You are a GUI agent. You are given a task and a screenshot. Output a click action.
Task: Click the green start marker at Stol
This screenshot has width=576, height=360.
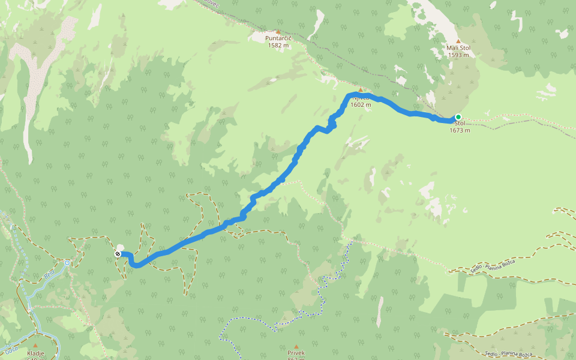pos(458,117)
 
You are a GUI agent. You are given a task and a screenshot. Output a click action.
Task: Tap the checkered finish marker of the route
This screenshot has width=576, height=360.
pos(118,254)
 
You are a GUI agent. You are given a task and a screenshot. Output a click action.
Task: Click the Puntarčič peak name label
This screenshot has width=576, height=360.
pos(277,38)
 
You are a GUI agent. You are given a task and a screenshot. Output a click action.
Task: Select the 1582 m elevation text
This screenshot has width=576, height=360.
pos(277,45)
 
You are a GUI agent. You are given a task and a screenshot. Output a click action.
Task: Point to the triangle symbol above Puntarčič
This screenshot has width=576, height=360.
pos(277,31)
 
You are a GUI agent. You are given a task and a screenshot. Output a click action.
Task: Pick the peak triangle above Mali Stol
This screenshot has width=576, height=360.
pos(458,41)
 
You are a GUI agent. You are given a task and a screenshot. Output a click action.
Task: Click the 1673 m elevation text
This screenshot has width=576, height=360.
pos(460,130)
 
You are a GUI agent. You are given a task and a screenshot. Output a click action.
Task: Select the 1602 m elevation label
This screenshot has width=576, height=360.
pos(361,104)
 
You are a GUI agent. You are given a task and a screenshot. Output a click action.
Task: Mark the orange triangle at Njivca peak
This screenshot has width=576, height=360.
pos(361,90)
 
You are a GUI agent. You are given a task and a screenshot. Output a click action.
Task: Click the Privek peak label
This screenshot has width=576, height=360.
pos(296,353)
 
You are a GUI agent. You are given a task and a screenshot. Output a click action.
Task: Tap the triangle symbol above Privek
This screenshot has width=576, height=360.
pos(296,346)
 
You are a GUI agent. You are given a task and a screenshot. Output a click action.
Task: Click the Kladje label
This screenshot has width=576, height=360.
pos(35,353)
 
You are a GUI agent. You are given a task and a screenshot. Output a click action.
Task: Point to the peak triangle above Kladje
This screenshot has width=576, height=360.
pos(35,346)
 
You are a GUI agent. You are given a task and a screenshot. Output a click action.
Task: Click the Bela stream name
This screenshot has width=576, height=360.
pos(50,275)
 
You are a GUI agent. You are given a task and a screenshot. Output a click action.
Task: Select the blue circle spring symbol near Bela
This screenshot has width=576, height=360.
pos(67,263)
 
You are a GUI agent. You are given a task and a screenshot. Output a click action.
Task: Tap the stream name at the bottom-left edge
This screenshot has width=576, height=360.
pos(11,347)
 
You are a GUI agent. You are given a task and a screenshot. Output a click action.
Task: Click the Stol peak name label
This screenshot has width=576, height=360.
pos(460,123)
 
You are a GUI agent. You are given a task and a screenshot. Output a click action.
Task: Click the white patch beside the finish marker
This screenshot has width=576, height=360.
pos(121,247)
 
